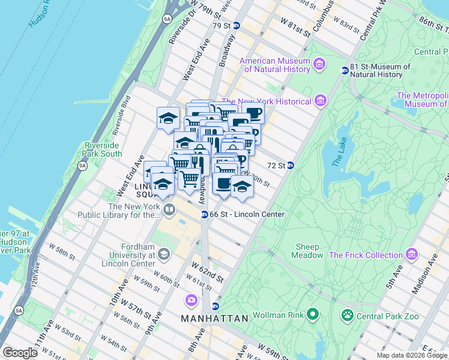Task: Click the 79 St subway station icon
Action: (237, 26)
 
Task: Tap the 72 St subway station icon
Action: (290, 166)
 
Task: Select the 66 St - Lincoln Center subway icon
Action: (204, 214)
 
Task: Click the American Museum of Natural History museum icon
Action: (319, 64)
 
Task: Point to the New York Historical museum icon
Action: (321, 100)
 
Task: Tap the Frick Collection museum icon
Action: (411, 254)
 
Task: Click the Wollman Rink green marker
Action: (312, 314)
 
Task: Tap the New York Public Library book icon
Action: (169, 210)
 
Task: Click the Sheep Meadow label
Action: (309, 251)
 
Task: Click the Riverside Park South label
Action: (103, 149)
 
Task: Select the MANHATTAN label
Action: (214, 319)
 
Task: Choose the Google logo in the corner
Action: (20, 353)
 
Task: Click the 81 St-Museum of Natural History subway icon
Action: (345, 70)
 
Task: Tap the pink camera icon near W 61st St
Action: (191, 299)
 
